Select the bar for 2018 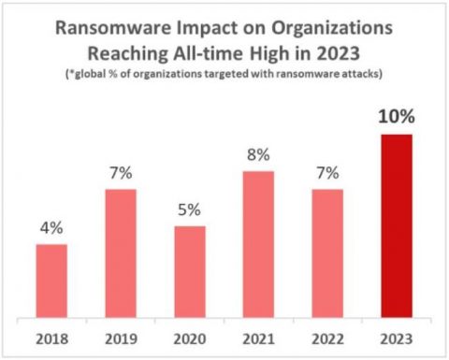tap(51, 280)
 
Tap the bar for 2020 tap(190, 270)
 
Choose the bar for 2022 tap(327, 252)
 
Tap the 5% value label tap(190, 210)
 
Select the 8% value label tap(259, 155)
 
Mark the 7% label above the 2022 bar tap(327, 174)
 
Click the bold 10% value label tap(397, 118)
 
